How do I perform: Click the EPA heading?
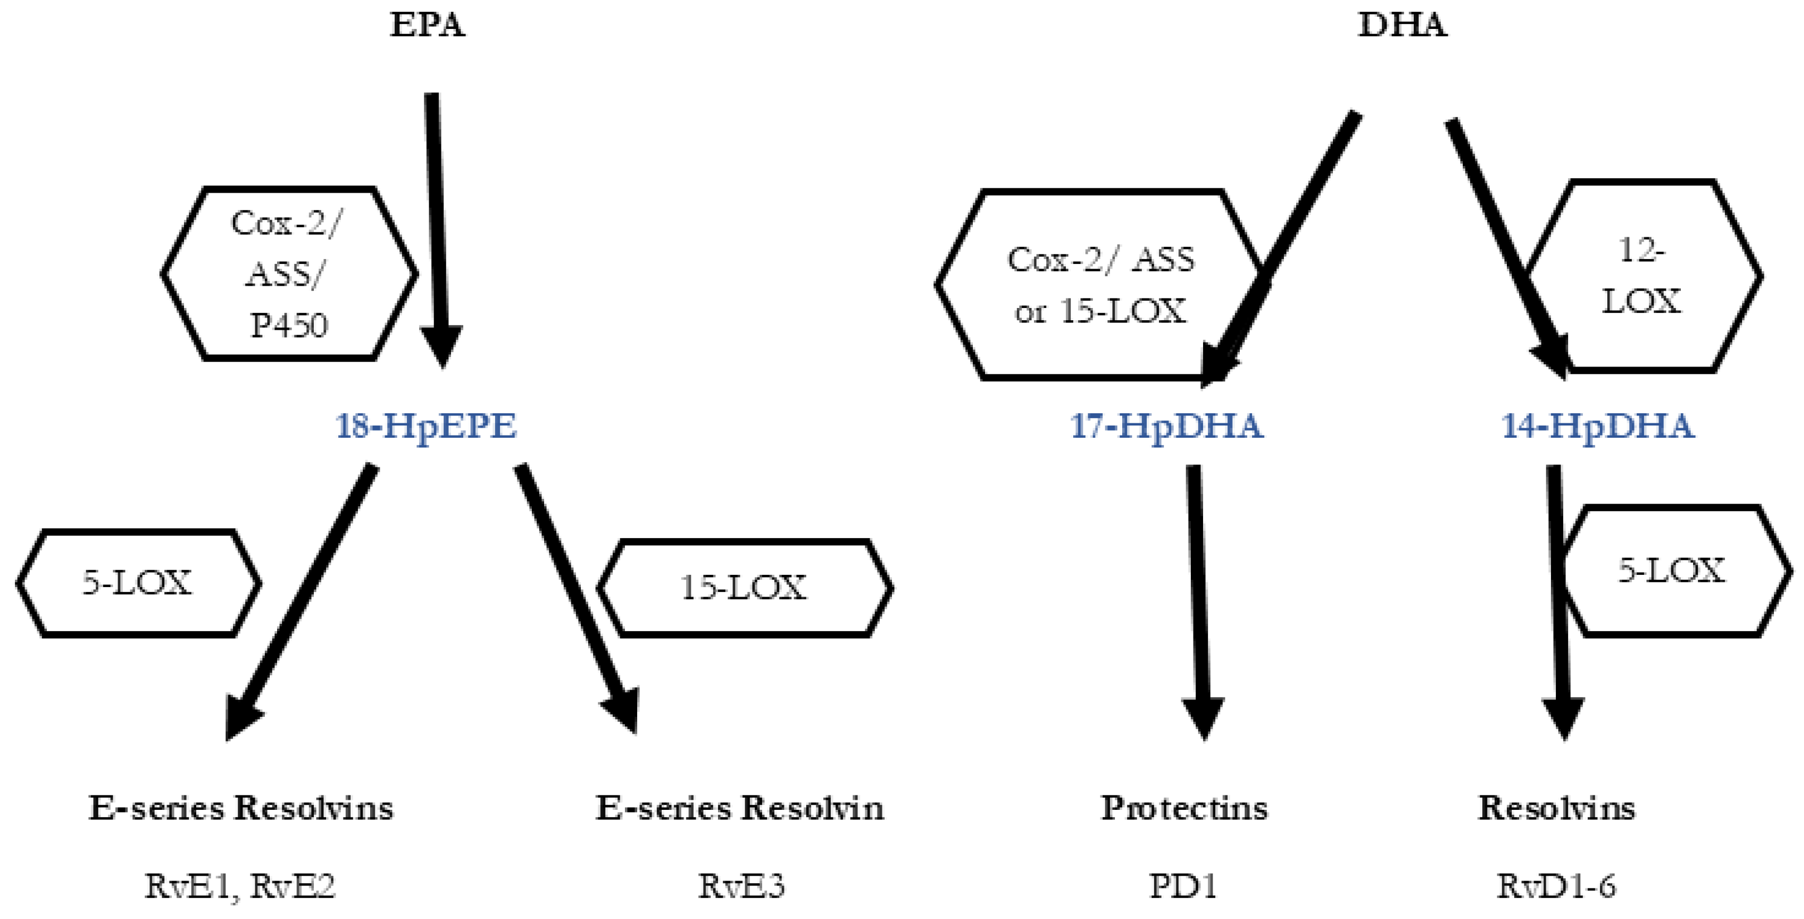pyautogui.click(x=426, y=25)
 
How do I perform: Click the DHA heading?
pyautogui.click(x=1402, y=25)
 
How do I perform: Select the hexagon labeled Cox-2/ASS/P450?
pyautogui.click(x=289, y=273)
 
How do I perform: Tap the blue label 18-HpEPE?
pyautogui.click(x=426, y=426)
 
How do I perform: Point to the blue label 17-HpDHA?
pyautogui.click(x=1167, y=426)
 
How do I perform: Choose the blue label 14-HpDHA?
pyautogui.click(x=1598, y=426)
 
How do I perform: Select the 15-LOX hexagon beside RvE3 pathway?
pyautogui.click(x=744, y=588)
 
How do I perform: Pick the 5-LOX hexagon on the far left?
pyautogui.click(x=138, y=583)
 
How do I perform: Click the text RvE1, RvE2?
pyautogui.click(x=240, y=886)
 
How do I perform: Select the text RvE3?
pyautogui.click(x=741, y=886)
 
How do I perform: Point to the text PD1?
pyautogui.click(x=1184, y=886)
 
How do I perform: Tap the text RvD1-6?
pyautogui.click(x=1556, y=886)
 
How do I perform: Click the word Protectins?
pyautogui.click(x=1184, y=808)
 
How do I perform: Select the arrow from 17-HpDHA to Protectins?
pyautogui.click(x=1199, y=595)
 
